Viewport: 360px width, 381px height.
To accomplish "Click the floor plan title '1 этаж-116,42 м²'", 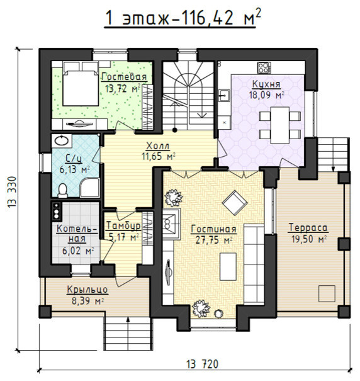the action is click(183, 18).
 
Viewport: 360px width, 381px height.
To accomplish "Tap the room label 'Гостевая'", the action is click(125, 77).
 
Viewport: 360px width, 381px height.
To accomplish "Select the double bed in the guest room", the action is click(81, 84).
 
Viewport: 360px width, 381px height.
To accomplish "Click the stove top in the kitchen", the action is click(264, 67).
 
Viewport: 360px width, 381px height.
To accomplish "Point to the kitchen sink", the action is click(224, 95).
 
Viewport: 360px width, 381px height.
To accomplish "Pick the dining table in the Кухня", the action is click(280, 125).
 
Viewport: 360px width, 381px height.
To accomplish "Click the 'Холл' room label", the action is click(158, 146).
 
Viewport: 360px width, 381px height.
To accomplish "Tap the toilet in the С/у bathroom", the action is click(63, 190).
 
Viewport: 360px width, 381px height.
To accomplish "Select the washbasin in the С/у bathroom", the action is click(62, 140).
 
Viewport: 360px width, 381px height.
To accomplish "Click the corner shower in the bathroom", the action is click(90, 188).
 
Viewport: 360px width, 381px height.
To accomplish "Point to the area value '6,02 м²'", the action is click(78, 251).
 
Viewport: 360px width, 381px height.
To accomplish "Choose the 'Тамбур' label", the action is click(123, 226).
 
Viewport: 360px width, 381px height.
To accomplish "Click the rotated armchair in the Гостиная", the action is click(235, 203).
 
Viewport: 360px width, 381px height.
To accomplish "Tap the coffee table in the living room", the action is click(228, 267).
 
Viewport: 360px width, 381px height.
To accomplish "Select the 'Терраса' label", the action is click(308, 228).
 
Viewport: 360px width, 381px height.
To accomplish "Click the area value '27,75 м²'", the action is click(214, 240).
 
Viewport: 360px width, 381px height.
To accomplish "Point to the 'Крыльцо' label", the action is click(87, 290).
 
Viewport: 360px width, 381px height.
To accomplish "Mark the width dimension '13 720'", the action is click(203, 364).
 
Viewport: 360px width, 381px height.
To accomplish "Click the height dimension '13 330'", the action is click(12, 192).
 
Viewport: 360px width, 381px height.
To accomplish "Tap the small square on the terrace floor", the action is click(327, 293).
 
